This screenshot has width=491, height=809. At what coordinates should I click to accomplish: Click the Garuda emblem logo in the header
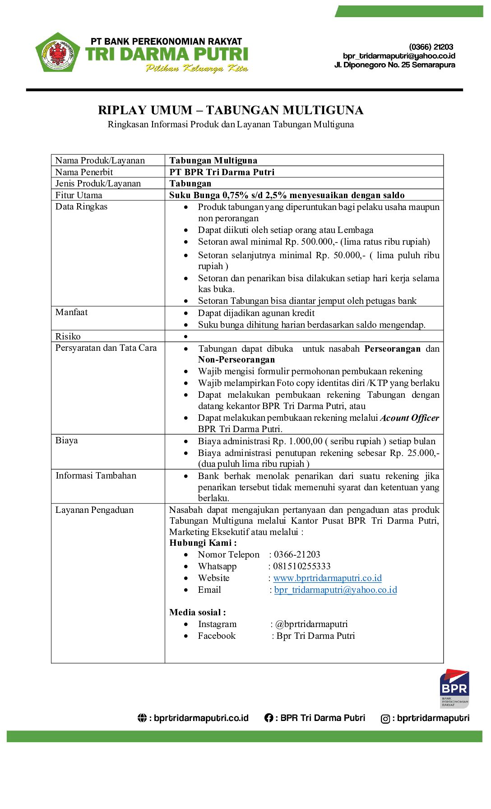click(58, 53)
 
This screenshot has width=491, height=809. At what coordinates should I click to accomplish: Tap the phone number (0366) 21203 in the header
click(431, 47)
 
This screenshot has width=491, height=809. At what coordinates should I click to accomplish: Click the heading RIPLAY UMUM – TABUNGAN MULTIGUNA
click(231, 110)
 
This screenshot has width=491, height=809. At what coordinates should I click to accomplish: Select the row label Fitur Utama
click(79, 195)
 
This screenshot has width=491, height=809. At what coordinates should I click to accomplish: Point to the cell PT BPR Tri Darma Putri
click(222, 172)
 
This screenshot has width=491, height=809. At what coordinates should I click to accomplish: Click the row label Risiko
click(68, 336)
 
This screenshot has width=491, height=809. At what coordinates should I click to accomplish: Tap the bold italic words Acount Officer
click(410, 418)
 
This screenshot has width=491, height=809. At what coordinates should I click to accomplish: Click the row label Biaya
click(67, 441)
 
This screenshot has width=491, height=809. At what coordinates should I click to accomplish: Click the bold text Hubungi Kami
click(203, 543)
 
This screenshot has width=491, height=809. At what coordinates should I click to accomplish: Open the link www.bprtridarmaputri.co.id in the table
click(328, 578)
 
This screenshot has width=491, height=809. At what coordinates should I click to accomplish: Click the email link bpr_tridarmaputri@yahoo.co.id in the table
click(336, 590)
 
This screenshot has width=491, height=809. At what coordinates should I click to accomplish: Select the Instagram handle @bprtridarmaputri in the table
click(311, 624)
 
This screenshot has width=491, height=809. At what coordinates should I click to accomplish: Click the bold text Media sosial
click(197, 613)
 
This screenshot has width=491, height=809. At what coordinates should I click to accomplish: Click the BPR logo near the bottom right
click(454, 688)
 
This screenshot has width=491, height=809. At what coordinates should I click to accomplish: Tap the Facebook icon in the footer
click(269, 718)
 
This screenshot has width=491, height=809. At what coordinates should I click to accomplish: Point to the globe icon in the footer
click(142, 718)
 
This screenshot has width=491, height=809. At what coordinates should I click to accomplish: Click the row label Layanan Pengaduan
click(95, 510)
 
